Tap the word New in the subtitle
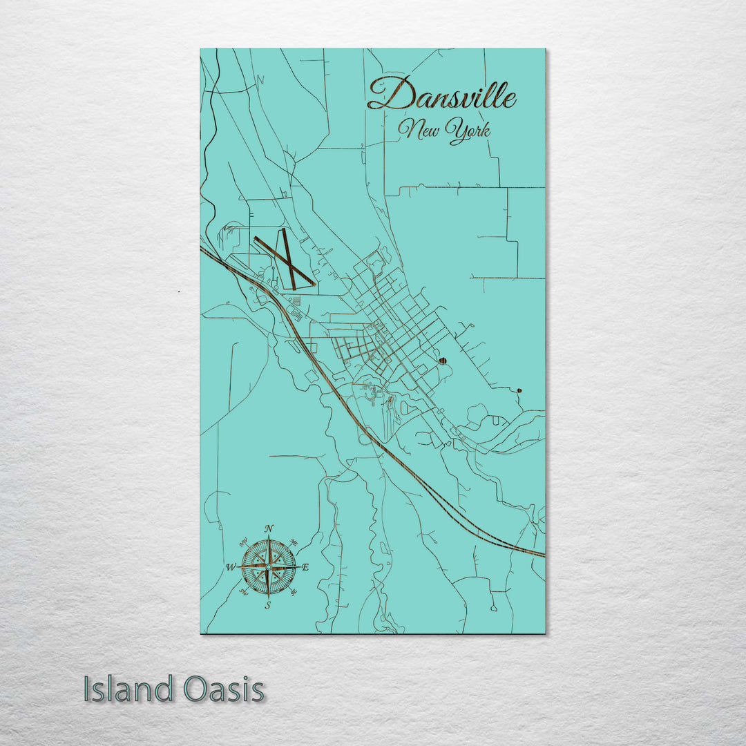420,129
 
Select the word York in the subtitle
468,131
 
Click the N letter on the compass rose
269,529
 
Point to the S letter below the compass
269,605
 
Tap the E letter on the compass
306,568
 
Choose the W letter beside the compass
231,568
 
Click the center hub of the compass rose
269,567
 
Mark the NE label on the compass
292,542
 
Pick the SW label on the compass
245,592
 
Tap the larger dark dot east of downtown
442,361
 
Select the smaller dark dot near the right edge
519,391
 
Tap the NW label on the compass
246,542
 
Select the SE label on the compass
293,592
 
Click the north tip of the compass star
269,537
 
